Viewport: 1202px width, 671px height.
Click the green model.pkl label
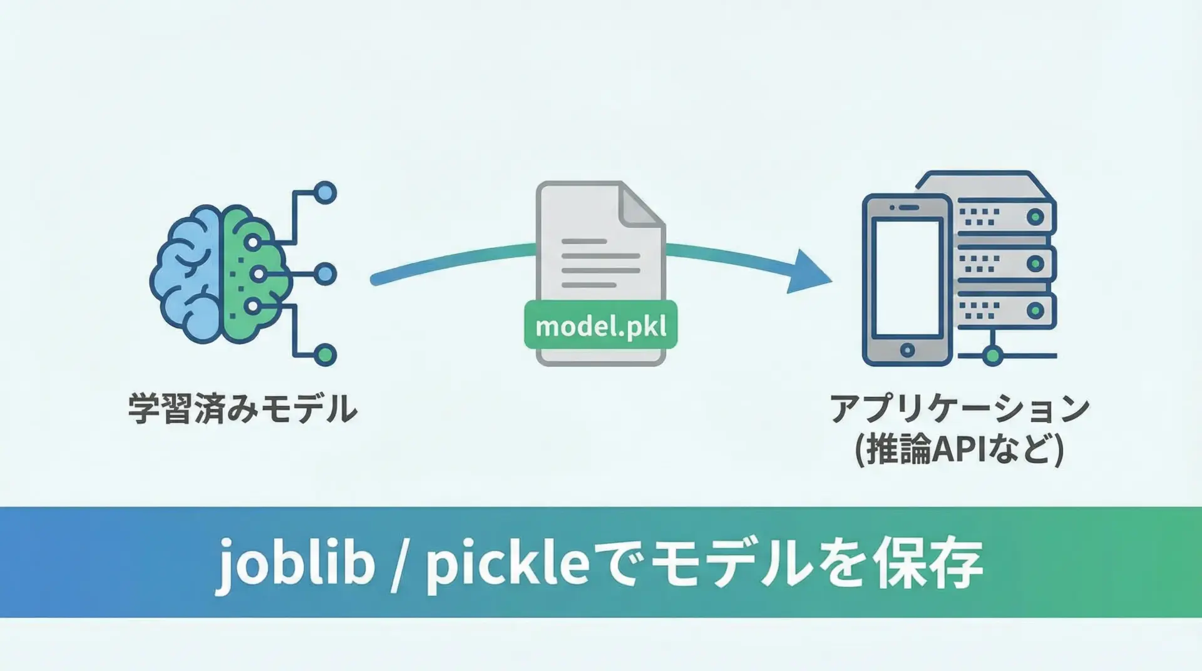pos(600,325)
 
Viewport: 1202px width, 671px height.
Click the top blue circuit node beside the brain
pos(325,193)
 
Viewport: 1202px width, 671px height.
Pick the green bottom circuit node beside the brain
pos(325,355)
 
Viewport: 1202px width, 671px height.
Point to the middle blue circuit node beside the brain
pos(325,274)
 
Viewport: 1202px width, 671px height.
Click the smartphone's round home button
pos(907,350)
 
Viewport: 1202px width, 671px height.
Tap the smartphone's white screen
pos(907,277)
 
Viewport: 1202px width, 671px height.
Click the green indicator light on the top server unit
pos(1035,217)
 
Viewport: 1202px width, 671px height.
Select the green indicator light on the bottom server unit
pos(1035,310)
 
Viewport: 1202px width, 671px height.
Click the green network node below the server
pos(992,356)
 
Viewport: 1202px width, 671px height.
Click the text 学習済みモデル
pos(243,409)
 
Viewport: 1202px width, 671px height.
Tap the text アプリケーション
pos(959,409)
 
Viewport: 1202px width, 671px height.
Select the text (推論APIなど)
pos(959,449)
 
